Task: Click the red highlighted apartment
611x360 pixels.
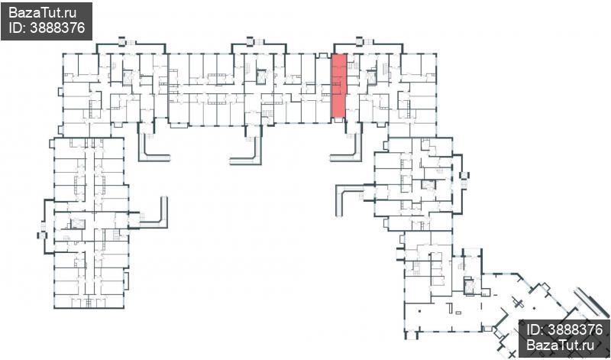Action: point(338,86)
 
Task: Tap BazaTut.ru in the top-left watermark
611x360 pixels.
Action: point(43,13)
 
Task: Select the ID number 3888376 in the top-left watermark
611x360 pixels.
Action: point(57,28)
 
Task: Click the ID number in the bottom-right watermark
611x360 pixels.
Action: point(575,330)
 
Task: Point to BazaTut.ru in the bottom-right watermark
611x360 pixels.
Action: point(560,345)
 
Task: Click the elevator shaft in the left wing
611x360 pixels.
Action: point(78,224)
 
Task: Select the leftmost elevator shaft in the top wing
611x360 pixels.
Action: point(128,78)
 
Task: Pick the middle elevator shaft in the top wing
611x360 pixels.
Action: point(261,76)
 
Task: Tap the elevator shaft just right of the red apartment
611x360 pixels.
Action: point(372,76)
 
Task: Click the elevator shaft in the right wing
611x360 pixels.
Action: point(428,185)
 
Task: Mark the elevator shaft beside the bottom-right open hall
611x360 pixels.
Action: point(469,287)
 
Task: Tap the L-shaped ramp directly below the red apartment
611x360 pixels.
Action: point(351,150)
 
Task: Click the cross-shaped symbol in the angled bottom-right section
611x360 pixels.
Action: point(519,302)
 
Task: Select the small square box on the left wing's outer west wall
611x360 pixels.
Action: point(42,235)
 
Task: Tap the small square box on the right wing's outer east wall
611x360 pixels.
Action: point(464,175)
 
